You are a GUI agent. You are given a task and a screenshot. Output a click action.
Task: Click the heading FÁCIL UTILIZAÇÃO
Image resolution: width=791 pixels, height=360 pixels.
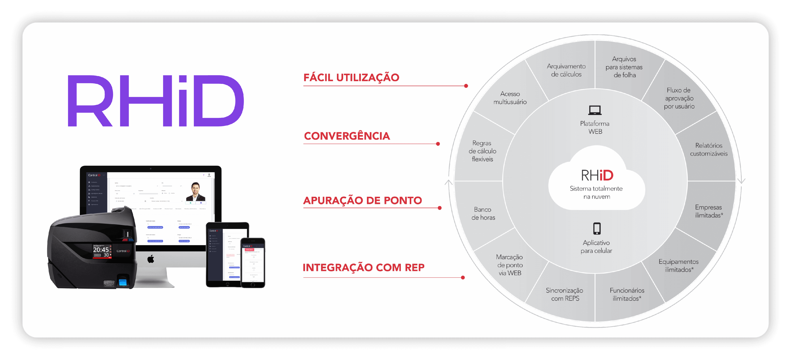click(351, 77)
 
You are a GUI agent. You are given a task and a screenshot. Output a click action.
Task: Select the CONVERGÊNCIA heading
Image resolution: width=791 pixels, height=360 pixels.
click(347, 136)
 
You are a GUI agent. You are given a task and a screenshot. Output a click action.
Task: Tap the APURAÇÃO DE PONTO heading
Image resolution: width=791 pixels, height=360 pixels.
click(362, 200)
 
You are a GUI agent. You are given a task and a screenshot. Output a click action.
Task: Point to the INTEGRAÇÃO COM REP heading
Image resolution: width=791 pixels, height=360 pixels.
click(363, 267)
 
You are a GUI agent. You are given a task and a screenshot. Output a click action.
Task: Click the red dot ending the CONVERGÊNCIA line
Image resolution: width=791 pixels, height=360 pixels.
click(438, 144)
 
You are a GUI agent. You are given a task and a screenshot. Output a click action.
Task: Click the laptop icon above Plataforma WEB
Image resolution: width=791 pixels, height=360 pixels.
click(595, 110)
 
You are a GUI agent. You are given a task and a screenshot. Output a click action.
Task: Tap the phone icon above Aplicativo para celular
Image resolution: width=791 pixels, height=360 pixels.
click(597, 229)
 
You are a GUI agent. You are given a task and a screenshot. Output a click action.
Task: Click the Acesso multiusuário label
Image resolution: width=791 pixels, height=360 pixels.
click(510, 98)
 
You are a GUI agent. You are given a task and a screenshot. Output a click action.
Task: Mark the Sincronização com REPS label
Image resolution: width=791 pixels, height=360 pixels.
click(564, 294)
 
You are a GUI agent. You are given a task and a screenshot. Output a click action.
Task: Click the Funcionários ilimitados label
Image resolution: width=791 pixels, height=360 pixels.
click(627, 294)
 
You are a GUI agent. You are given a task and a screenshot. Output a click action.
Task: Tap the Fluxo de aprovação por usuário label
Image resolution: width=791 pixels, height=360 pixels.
click(679, 98)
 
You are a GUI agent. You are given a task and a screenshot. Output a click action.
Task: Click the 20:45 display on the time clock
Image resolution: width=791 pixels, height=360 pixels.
click(101, 250)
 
